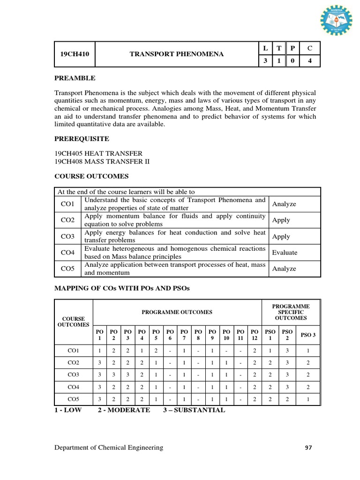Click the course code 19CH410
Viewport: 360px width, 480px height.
tap(75, 54)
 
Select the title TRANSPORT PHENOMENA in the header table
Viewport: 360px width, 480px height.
tap(176, 54)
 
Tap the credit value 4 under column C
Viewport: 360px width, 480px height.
tap(310, 61)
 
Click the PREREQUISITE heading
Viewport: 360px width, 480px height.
tap(82, 139)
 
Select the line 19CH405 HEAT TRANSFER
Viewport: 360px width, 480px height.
tap(99, 153)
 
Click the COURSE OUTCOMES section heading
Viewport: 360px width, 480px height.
tap(91, 176)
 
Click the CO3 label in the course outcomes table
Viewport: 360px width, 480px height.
tap(68, 237)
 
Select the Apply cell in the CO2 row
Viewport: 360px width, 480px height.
tap(281, 220)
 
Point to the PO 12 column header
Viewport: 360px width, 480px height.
tap(254, 334)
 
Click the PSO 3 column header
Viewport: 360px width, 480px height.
tap(307, 335)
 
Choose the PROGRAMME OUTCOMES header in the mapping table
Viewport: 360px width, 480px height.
tap(177, 312)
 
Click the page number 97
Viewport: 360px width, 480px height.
tap(308, 448)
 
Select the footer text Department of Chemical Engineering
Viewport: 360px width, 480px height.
tap(109, 448)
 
